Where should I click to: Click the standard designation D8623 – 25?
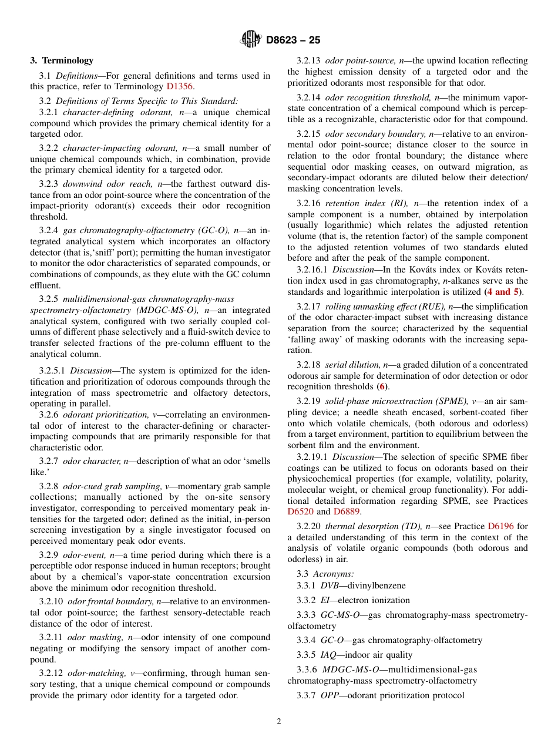293,41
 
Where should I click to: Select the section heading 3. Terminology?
62,60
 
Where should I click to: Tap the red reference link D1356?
179,86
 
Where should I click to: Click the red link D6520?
300,512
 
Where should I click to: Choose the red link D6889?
347,512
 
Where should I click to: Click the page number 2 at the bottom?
279,722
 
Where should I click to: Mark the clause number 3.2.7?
49,461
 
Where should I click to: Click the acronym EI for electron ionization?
325,600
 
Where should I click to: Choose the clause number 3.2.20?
308,526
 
